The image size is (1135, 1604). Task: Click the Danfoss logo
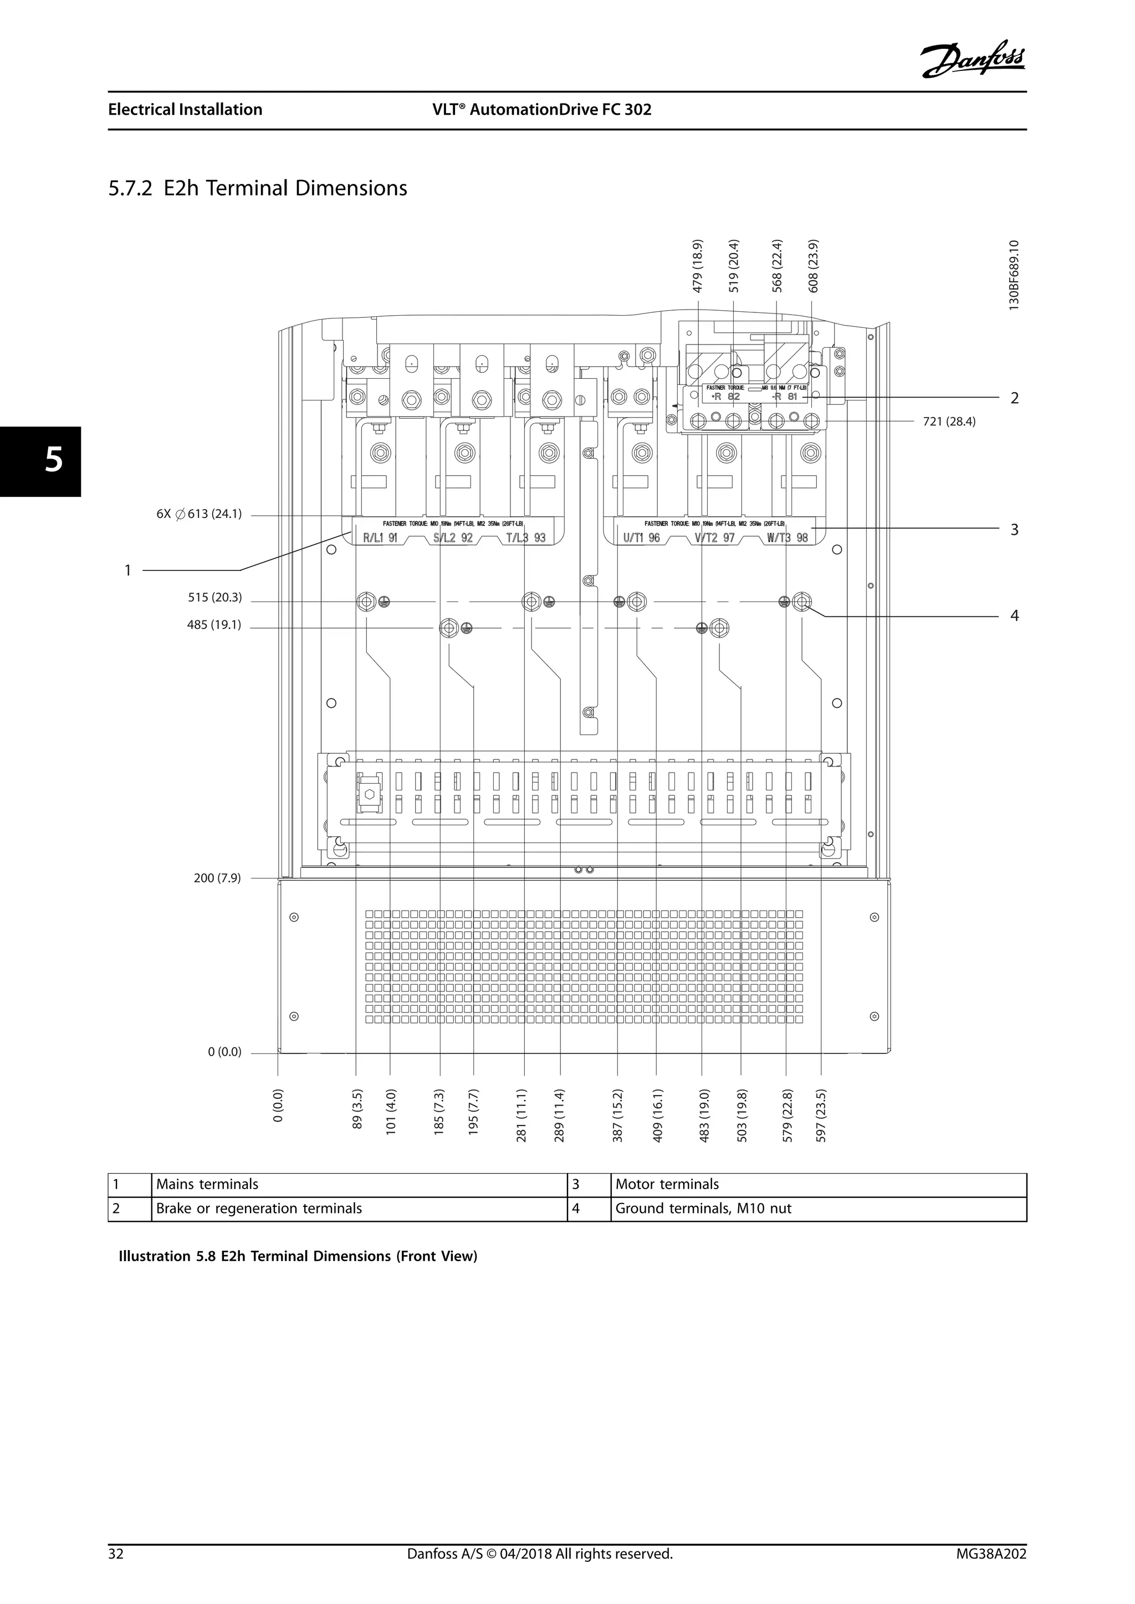point(974,60)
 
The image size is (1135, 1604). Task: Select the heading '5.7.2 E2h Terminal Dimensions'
point(258,189)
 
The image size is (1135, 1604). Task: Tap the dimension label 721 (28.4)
point(949,422)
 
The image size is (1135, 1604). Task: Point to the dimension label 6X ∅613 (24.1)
point(199,514)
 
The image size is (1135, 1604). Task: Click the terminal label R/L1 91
point(380,538)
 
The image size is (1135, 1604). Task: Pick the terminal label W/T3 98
point(787,538)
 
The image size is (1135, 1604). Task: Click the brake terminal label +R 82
point(725,397)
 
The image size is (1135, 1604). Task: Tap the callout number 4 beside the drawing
point(1014,616)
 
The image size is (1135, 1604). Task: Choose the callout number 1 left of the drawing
point(128,571)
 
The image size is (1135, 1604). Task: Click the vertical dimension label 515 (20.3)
point(214,598)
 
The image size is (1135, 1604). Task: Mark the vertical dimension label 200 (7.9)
point(217,878)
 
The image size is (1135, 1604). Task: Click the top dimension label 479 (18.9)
point(698,266)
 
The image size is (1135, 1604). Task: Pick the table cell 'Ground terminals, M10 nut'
point(703,1209)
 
